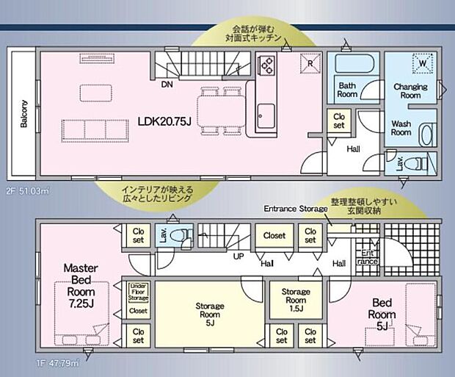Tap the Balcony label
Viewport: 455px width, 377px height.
pos(24,114)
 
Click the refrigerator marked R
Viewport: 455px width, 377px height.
pos(311,63)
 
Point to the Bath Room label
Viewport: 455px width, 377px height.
pos(348,90)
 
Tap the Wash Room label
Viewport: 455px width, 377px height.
pos(401,129)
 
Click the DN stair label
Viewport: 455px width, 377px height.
pos(168,85)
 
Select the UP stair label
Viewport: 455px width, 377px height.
pos(239,257)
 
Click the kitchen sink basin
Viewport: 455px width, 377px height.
pos(265,115)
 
